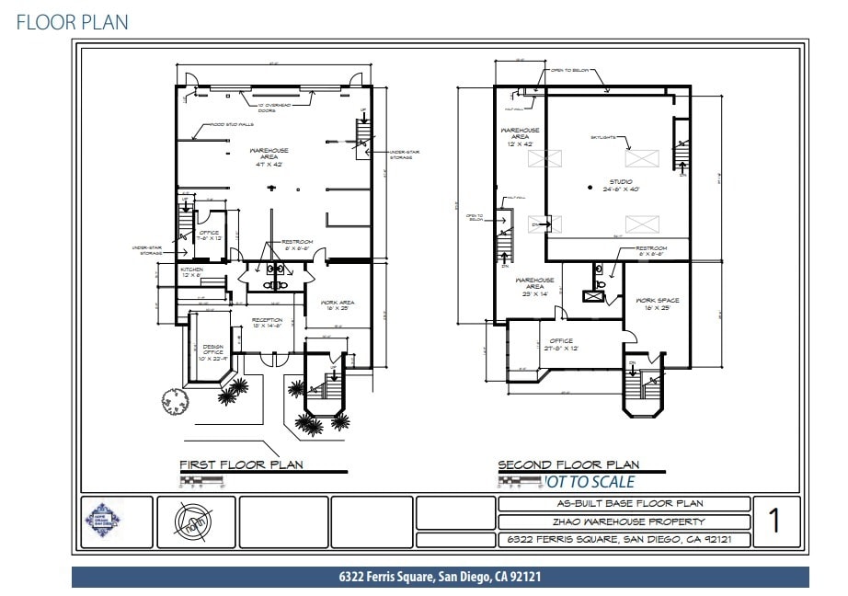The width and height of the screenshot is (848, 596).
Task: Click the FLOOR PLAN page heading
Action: click(72, 22)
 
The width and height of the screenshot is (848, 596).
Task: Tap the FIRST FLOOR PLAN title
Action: click(241, 464)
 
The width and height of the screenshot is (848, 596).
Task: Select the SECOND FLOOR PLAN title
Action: click(568, 464)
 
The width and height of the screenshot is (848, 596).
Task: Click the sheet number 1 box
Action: click(774, 521)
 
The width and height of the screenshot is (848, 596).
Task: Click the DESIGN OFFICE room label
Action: click(213, 350)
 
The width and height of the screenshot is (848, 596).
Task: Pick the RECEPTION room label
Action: click(268, 322)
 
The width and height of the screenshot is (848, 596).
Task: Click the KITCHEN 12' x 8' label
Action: click(191, 272)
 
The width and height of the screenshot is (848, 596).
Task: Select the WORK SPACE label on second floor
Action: click(656, 304)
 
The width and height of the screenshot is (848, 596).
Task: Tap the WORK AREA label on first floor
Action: click(338, 305)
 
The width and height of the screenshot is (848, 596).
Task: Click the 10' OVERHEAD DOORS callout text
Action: click(272, 109)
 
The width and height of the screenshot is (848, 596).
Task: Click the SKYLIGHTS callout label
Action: click(604, 138)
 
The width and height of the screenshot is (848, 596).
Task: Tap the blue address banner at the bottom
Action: click(440, 578)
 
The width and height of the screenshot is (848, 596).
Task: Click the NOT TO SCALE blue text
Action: click(589, 481)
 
